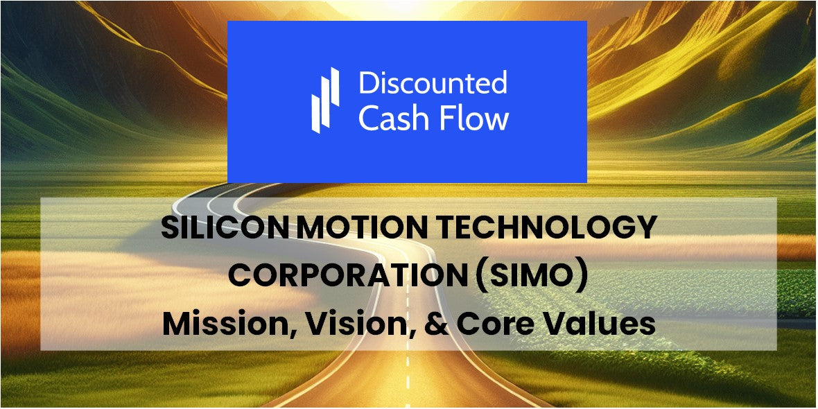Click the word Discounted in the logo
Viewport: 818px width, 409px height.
(433, 83)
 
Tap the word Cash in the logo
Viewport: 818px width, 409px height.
(392, 119)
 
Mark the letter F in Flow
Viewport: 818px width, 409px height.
(444, 119)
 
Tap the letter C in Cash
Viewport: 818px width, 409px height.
(369, 119)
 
